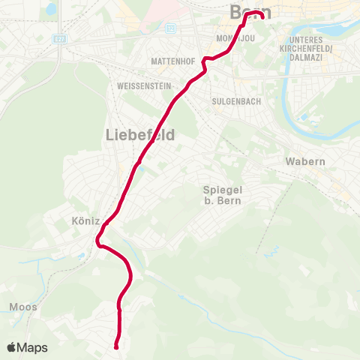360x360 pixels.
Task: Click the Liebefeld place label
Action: (141, 135)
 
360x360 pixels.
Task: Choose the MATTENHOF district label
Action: (173, 60)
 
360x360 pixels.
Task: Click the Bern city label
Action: (251, 13)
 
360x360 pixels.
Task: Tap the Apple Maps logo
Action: (27, 347)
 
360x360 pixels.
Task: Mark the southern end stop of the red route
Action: (116, 346)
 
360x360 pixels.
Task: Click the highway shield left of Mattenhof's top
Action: (170, 29)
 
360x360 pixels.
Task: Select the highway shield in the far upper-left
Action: (59, 40)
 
